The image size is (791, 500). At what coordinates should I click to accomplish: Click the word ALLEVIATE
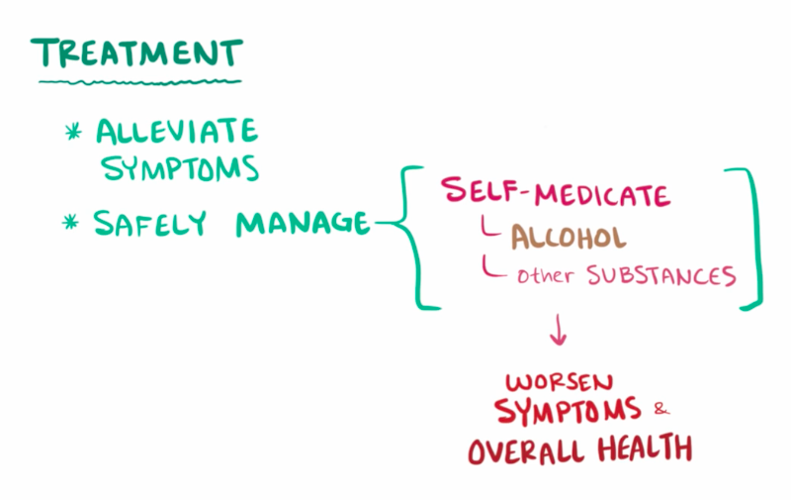(x=177, y=131)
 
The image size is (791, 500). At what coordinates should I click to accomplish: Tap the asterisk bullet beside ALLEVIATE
(x=72, y=132)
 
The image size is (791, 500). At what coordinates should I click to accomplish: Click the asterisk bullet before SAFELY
(x=71, y=224)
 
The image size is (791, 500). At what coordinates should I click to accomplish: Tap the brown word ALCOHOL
(x=569, y=238)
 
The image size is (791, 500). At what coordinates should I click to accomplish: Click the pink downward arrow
(x=559, y=331)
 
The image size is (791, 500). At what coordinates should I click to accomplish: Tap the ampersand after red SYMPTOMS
(x=661, y=408)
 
